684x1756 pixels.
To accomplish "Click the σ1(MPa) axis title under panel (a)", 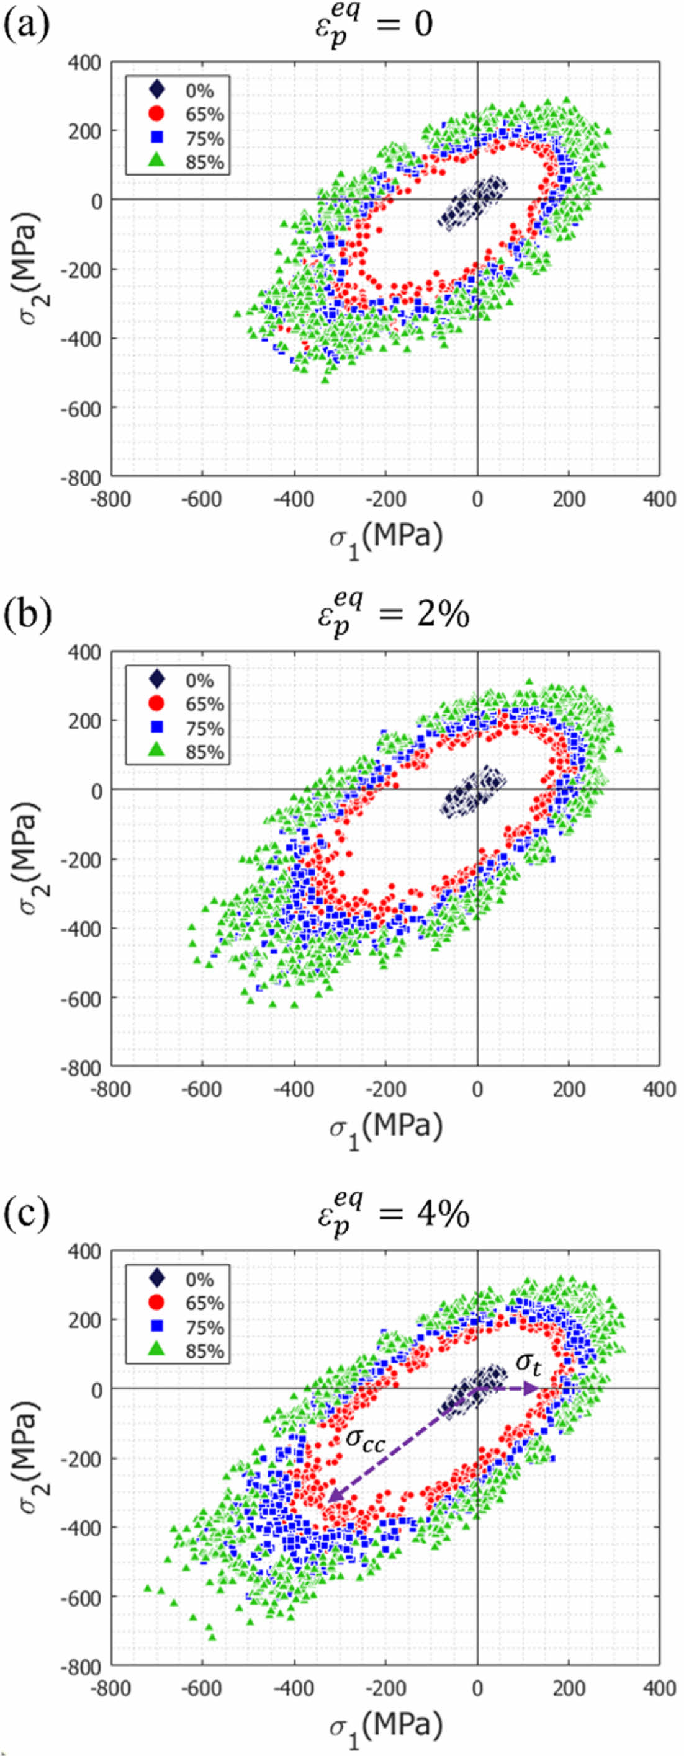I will (x=386, y=538).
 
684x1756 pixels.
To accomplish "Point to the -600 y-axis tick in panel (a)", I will (x=82, y=408).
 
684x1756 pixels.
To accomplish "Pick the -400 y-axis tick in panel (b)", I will (x=82, y=929).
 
